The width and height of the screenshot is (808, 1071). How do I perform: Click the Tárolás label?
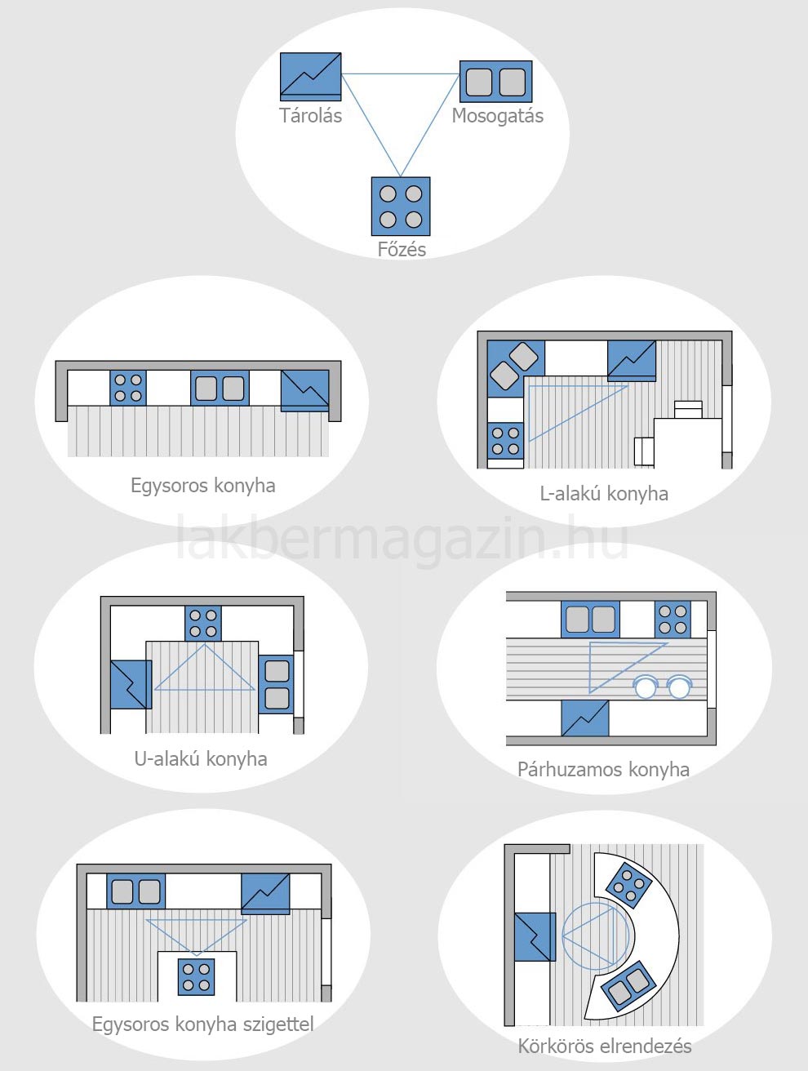(311, 116)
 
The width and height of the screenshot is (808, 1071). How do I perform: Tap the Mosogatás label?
(497, 116)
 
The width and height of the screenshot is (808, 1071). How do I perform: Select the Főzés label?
(402, 249)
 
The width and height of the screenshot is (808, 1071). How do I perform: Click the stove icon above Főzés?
(401, 207)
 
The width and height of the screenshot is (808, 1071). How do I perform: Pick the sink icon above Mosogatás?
(496, 82)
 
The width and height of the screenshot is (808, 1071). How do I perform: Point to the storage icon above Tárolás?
(311, 77)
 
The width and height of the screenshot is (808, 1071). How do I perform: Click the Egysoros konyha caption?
(203, 486)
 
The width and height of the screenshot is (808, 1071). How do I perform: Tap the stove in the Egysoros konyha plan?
(128, 388)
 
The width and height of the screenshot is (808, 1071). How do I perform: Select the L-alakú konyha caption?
(604, 494)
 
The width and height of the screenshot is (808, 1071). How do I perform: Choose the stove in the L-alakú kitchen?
(506, 441)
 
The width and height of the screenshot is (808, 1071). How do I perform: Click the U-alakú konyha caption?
(201, 759)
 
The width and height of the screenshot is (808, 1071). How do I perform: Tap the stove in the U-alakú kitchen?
(203, 624)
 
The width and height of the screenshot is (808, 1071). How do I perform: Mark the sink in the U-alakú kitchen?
(277, 685)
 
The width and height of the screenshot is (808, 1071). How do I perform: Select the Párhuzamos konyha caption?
(603, 770)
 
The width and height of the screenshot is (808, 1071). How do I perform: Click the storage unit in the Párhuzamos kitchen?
(585, 718)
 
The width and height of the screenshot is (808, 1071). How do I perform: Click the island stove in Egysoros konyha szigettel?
(196, 977)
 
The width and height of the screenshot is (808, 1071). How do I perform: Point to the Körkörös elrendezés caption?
(605, 1047)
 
